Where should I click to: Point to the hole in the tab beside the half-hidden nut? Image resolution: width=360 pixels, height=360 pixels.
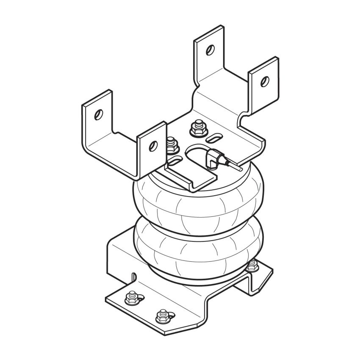tap(152, 145)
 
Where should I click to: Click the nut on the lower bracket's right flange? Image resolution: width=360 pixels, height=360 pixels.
tap(253, 266)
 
